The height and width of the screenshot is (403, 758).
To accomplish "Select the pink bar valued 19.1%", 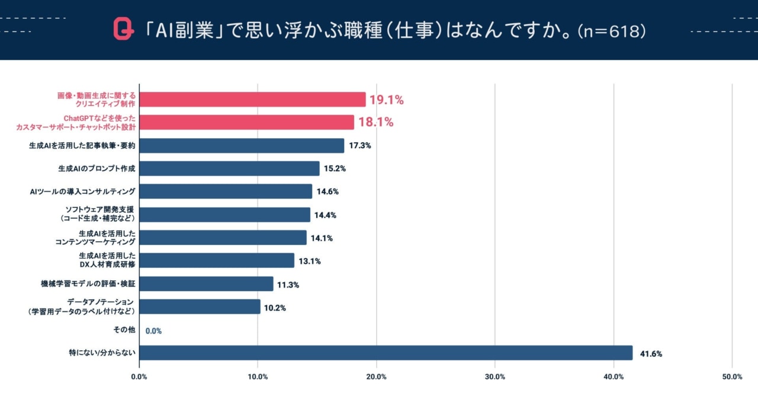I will tap(252, 100).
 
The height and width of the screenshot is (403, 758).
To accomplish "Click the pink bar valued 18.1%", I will tap(246, 122).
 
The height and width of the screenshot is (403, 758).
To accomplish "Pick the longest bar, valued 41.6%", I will tap(386, 353).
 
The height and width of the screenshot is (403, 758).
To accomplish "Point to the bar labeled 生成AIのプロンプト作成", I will tap(229, 168).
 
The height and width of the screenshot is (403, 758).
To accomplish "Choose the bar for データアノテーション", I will tap(200, 306).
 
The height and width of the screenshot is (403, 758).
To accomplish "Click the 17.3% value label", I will tap(360, 145).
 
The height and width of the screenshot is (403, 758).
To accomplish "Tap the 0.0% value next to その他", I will tap(153, 331).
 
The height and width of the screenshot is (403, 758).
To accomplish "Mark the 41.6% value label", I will tap(651, 354).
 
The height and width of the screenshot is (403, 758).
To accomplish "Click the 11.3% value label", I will tap(288, 284).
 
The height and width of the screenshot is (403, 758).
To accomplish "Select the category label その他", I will tap(124, 330).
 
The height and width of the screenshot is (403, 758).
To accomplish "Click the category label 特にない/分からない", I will tap(102, 353).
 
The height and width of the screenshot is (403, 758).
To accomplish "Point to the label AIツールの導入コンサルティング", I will tap(83, 191).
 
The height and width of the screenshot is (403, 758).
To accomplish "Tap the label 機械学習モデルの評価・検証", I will tap(88, 284).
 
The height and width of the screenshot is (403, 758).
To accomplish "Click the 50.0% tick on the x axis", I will tap(732, 377).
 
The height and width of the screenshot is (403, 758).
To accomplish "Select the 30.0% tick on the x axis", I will tap(495, 377).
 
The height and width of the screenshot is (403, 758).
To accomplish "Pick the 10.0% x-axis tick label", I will tap(258, 377).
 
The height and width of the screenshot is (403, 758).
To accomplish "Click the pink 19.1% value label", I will tap(387, 100).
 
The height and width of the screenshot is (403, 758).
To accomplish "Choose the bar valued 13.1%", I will tap(217, 260).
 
